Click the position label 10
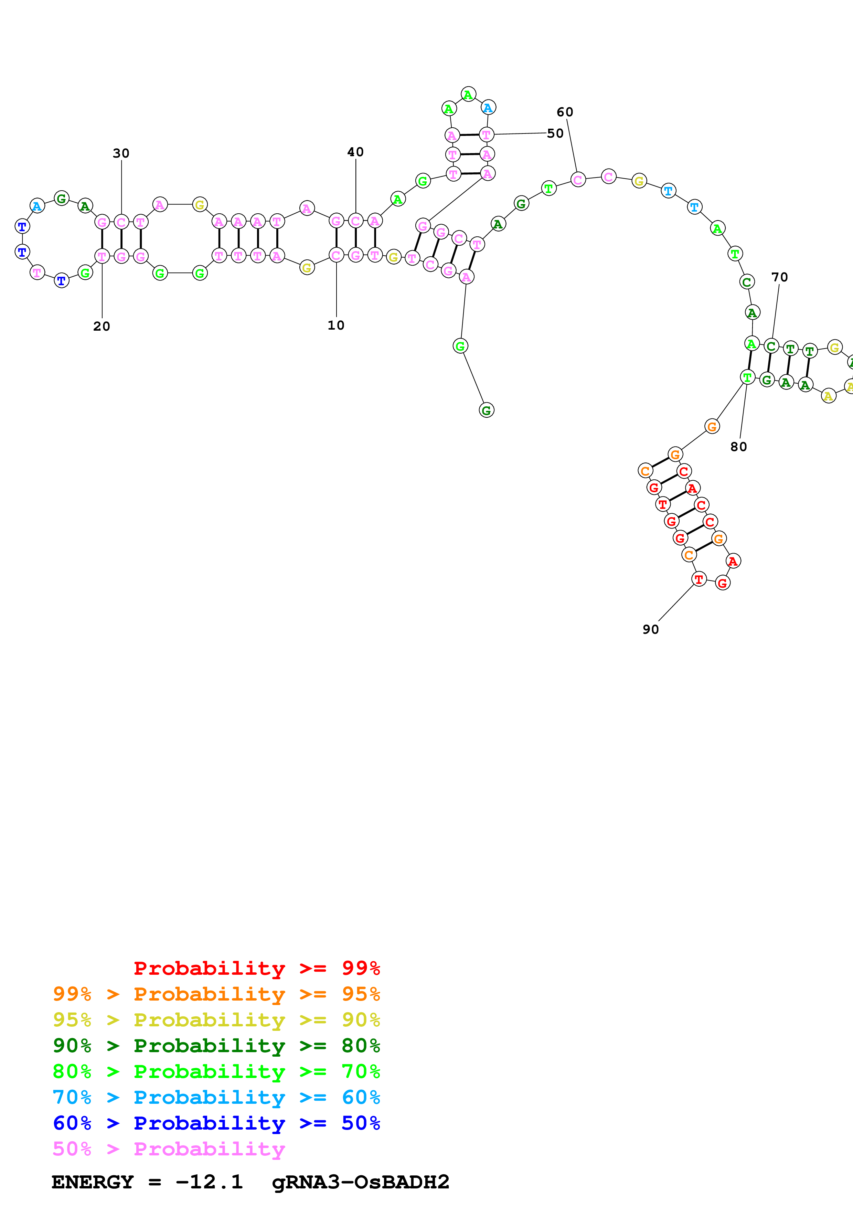(x=336, y=325)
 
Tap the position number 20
(x=102, y=327)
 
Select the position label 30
(x=121, y=153)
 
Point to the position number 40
(x=355, y=152)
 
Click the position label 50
(x=555, y=133)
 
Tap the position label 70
(x=779, y=277)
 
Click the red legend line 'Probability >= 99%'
(x=256, y=968)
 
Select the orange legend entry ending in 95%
(x=216, y=994)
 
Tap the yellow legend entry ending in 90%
(x=216, y=1019)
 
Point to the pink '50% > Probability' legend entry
(x=169, y=1149)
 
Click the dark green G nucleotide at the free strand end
(x=486, y=410)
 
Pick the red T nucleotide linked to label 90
(x=699, y=579)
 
